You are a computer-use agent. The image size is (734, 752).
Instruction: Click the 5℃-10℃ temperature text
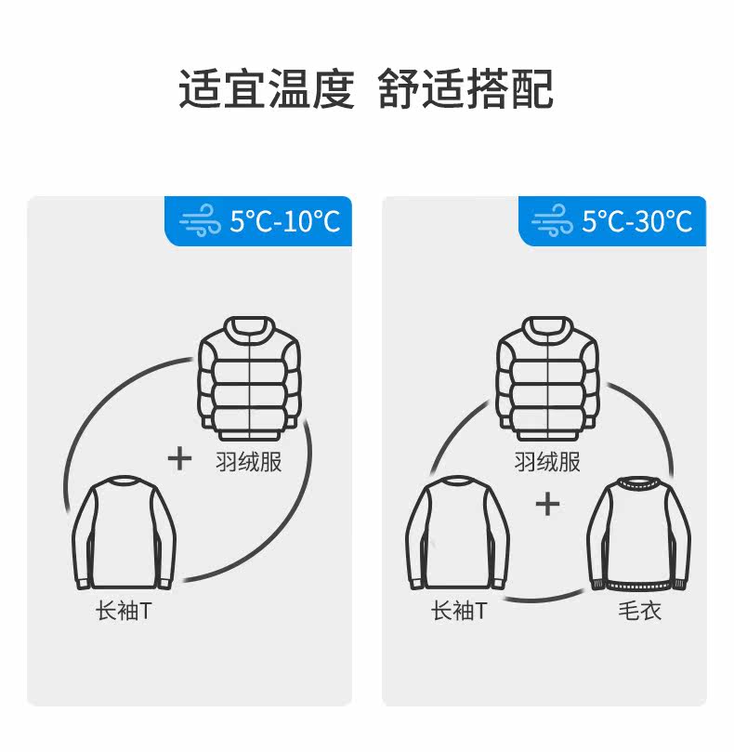click(285, 221)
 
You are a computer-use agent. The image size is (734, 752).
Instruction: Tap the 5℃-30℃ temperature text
click(637, 221)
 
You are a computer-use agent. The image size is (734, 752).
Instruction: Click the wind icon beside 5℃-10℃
click(201, 222)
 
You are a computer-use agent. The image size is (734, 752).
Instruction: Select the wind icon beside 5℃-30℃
click(553, 222)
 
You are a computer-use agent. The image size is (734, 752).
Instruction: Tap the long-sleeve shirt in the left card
click(125, 534)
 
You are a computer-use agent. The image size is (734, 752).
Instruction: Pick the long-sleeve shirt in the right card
click(457, 534)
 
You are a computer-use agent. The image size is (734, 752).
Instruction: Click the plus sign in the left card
click(178, 458)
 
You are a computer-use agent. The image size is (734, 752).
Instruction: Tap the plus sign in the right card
click(548, 505)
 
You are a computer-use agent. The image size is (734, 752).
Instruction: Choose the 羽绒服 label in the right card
click(547, 462)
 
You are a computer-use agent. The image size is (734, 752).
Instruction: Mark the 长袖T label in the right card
click(458, 612)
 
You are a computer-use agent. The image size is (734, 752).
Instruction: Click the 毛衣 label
click(639, 612)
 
